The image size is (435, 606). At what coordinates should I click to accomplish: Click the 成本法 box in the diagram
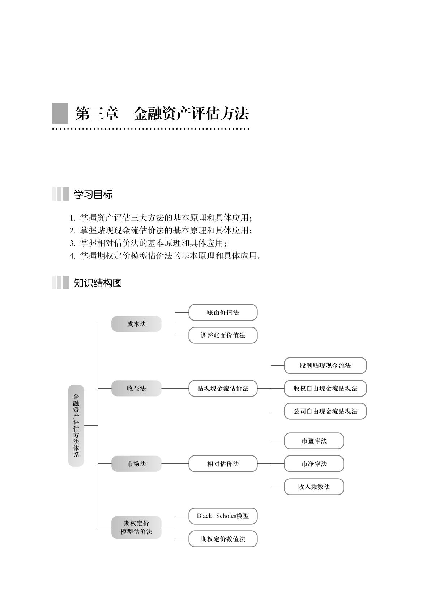pyautogui.click(x=136, y=324)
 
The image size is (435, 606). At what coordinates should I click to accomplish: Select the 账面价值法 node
pyautogui.click(x=223, y=312)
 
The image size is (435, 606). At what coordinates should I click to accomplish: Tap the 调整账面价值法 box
pyautogui.click(x=223, y=335)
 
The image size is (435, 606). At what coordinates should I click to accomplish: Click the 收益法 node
pyautogui.click(x=136, y=388)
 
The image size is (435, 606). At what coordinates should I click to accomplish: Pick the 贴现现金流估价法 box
pyautogui.click(x=223, y=388)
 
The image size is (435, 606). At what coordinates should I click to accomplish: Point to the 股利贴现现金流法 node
pyautogui.click(x=325, y=365)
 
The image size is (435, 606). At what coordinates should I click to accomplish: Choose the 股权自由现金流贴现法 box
pyautogui.click(x=325, y=388)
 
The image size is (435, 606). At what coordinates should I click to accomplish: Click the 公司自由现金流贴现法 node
pyautogui.click(x=325, y=411)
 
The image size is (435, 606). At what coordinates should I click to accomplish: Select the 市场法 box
pyautogui.click(x=136, y=463)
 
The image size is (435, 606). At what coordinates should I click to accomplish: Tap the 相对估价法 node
pyautogui.click(x=223, y=463)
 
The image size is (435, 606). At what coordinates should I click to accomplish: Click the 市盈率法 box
pyautogui.click(x=314, y=441)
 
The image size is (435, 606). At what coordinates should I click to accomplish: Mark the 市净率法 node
pyautogui.click(x=314, y=463)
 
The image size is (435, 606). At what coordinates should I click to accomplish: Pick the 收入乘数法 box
pyautogui.click(x=314, y=487)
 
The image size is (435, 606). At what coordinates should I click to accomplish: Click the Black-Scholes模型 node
pyautogui.click(x=223, y=516)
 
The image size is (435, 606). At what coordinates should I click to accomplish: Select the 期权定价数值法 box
pyautogui.click(x=223, y=539)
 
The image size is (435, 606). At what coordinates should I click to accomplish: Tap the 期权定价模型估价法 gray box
pyautogui.click(x=136, y=527)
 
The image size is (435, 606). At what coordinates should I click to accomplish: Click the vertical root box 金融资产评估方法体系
pyautogui.click(x=76, y=425)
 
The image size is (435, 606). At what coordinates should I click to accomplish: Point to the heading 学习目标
pyautogui.click(x=93, y=195)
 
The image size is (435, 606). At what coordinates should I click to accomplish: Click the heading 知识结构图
pyautogui.click(x=98, y=283)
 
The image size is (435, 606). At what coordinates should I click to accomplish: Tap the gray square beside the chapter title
pyautogui.click(x=60, y=113)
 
